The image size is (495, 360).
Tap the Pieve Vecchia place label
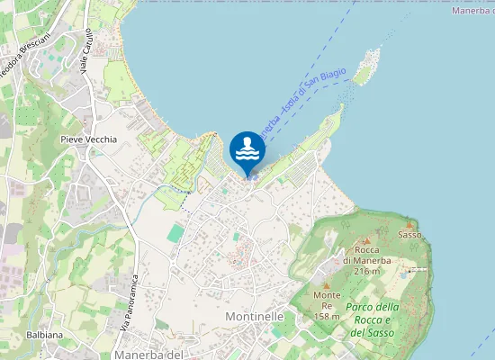click(x=88, y=139)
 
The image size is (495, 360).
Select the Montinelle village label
click(x=255, y=317)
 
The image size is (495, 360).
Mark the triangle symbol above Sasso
click(x=409, y=223)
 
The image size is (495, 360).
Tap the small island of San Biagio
click(x=366, y=67)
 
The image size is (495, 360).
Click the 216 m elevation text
click(x=365, y=270)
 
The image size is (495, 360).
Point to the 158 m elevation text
click(x=327, y=316)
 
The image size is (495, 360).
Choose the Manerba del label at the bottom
click(x=148, y=355)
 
